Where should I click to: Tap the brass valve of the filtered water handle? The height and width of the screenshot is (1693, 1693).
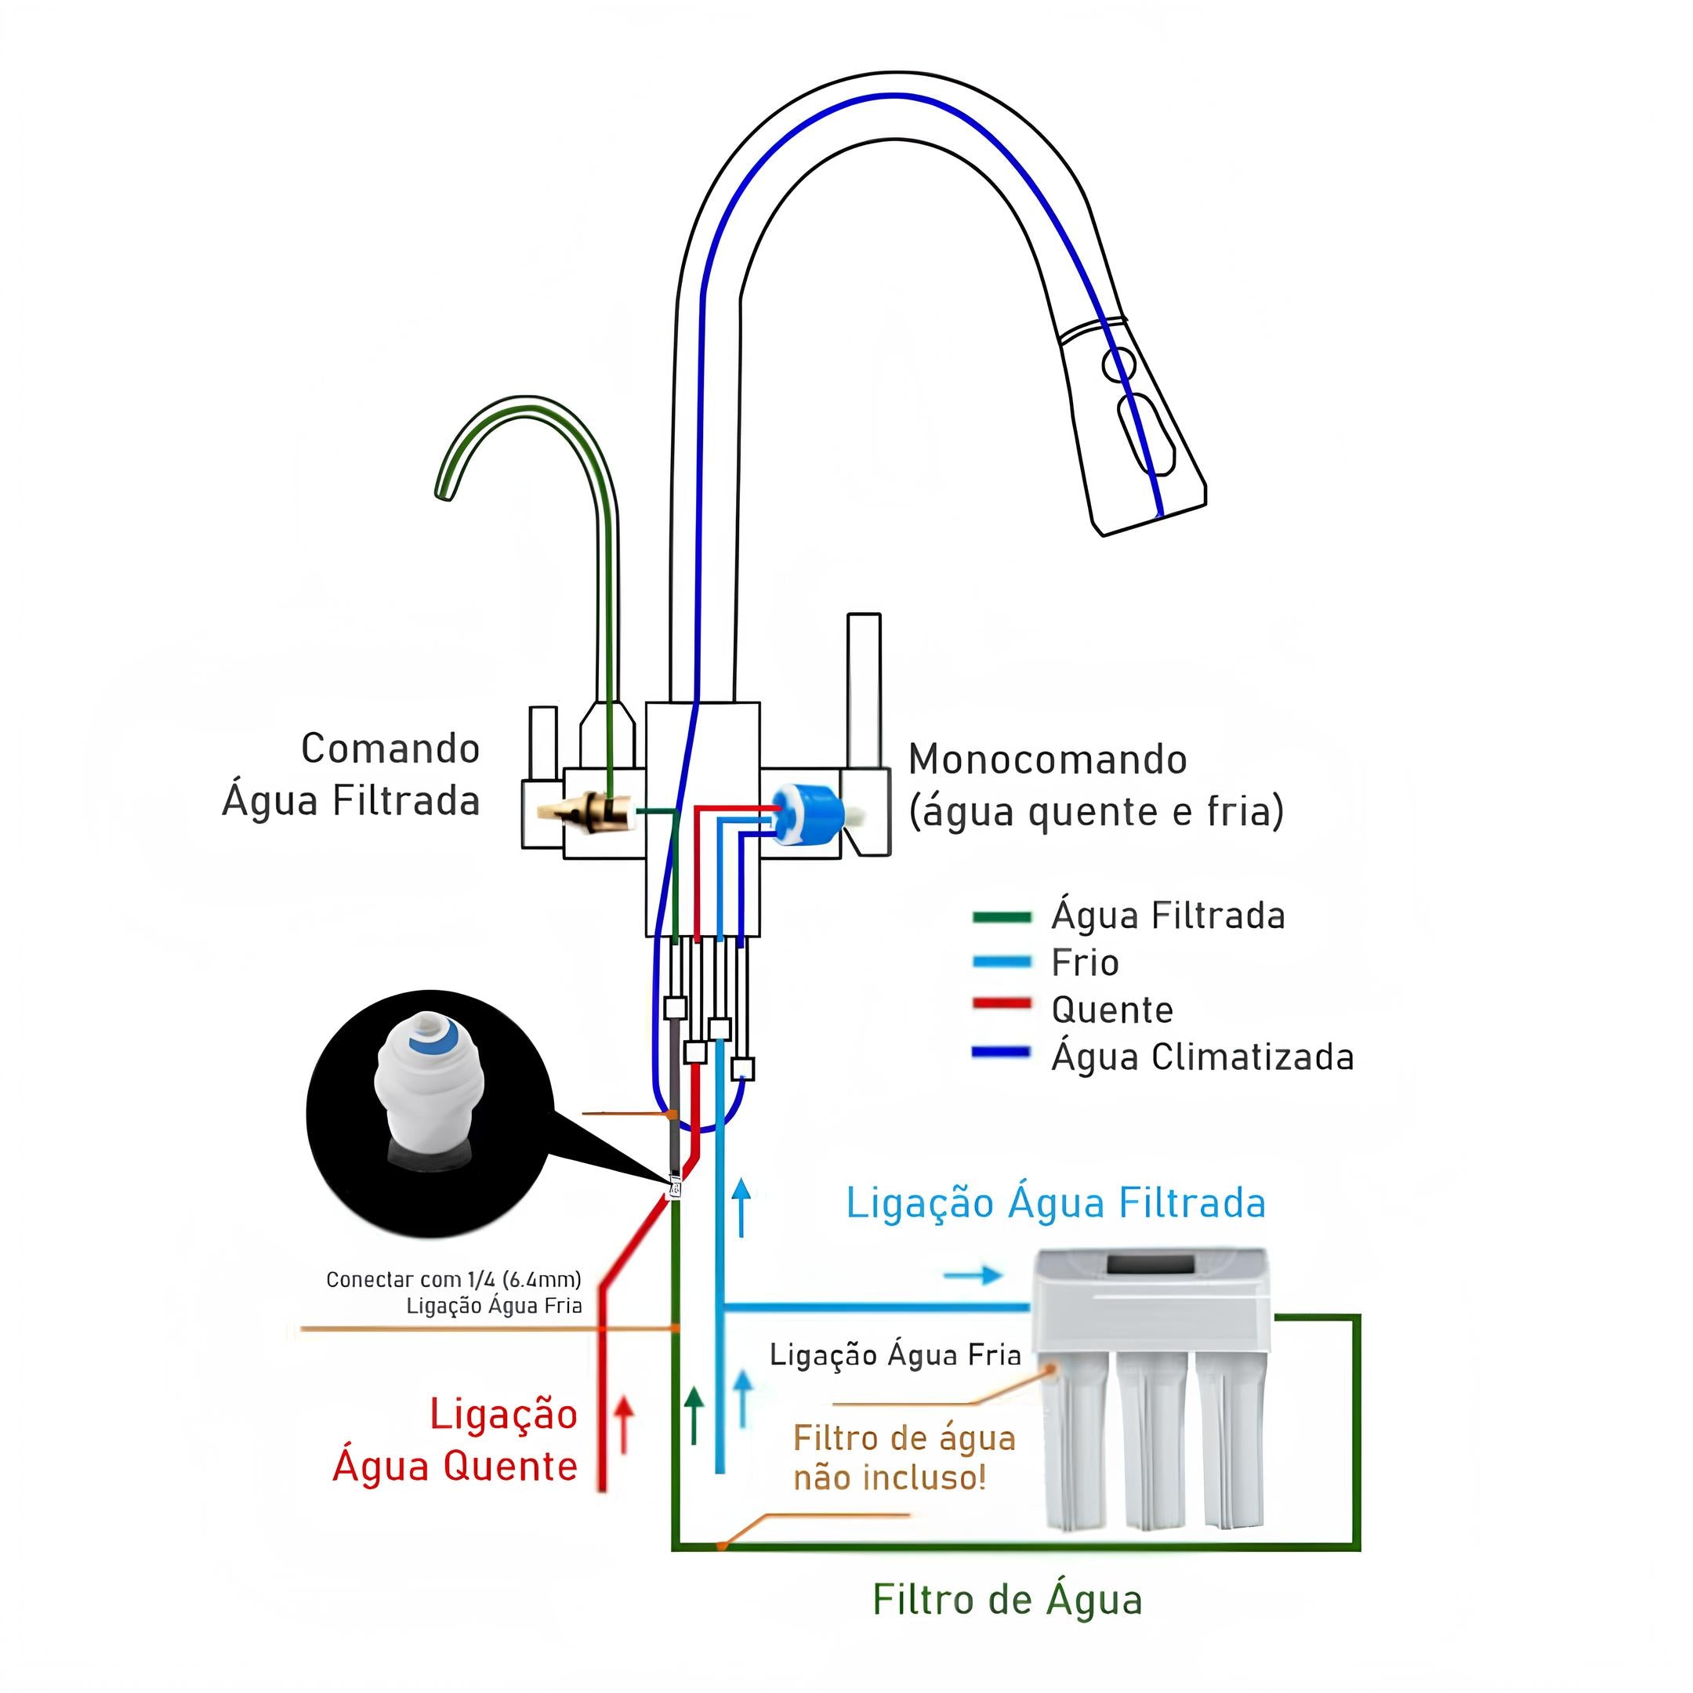[x=596, y=810]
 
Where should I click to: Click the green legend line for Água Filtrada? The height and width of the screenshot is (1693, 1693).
[x=1001, y=918]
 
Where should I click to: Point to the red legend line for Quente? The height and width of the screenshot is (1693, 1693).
[x=1001, y=1004]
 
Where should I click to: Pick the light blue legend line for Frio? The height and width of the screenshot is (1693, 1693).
[x=1001, y=961]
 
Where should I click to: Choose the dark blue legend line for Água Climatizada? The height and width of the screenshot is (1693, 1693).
[x=1001, y=1053]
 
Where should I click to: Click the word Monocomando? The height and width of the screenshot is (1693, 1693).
[x=1047, y=759]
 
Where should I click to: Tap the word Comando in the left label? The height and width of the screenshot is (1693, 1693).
[x=390, y=749]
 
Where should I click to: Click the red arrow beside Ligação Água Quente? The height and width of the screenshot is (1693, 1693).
[x=623, y=1424]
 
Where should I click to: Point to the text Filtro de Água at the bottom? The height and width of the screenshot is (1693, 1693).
[x=1007, y=1600]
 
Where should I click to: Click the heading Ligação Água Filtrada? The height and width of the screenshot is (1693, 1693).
[x=1055, y=1204]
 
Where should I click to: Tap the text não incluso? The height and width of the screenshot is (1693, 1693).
[x=890, y=1478]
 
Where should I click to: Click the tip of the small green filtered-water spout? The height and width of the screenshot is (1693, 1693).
[x=444, y=493]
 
